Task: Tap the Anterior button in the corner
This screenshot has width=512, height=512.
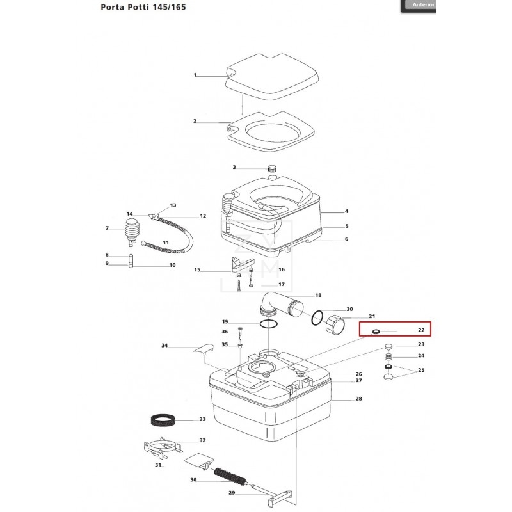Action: click(x=424, y=4)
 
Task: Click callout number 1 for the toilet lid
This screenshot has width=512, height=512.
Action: click(x=195, y=76)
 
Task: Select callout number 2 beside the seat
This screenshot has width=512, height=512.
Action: click(x=195, y=121)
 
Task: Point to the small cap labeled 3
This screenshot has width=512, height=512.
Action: click(x=272, y=168)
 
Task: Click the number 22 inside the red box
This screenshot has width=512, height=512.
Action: click(x=421, y=330)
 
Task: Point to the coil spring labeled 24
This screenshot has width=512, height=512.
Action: click(x=388, y=356)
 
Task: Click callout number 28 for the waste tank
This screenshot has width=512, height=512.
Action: click(x=358, y=399)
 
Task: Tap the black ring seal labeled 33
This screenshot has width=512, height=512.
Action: click(x=163, y=420)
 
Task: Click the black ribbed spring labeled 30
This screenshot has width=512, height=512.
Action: click(x=230, y=476)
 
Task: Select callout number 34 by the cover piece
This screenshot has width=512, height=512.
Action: click(x=164, y=346)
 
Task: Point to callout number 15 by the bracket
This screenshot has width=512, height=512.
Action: click(x=197, y=270)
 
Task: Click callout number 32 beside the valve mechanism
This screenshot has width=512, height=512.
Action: click(x=202, y=440)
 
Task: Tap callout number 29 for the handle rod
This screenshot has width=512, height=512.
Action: click(x=232, y=493)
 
